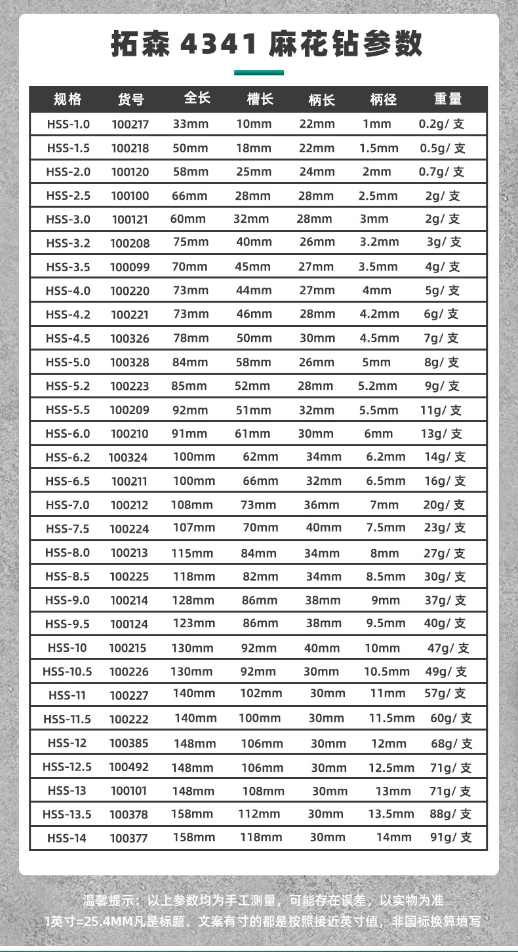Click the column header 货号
pos(130,100)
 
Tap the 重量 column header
pos(448,99)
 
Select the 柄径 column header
pos(384,100)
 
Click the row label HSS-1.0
pos(68,124)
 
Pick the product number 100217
pos(130,124)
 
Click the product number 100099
pos(130,267)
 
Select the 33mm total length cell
pos(190,124)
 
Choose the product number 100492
pos(129,767)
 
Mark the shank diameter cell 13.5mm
pos(391,814)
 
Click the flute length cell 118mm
pos(260,837)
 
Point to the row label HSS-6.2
pos(68,457)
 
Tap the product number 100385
pos(129,743)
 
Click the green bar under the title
pos(259,73)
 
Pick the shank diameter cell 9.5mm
pos(386,624)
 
